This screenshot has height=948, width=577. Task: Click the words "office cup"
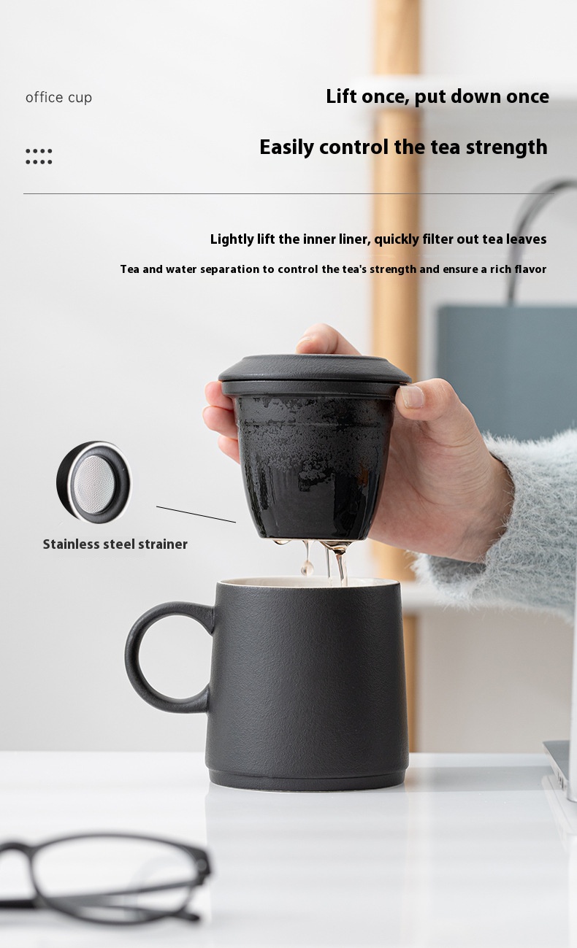tap(58, 98)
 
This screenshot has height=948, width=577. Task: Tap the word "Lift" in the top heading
tap(341, 96)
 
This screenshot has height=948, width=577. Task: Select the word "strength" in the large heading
tap(506, 147)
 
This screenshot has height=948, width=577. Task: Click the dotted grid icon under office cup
tap(39, 156)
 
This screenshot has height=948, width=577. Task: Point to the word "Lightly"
tap(232, 239)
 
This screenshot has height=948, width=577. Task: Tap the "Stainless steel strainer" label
tap(115, 544)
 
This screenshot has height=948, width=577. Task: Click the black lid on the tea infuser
tap(314, 375)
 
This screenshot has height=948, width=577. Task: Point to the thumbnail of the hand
tap(412, 396)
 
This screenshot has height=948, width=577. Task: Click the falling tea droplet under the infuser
tap(305, 567)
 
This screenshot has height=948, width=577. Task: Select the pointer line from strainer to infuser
tap(196, 515)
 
